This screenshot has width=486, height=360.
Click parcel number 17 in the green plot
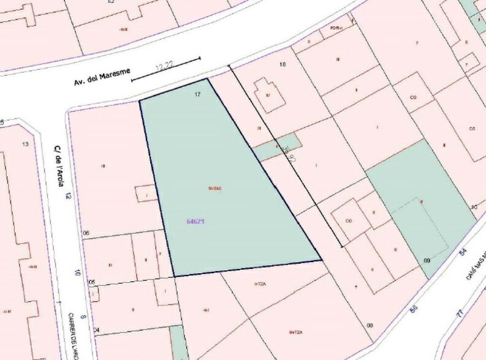coord(197,94)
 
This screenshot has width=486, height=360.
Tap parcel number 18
coord(283,64)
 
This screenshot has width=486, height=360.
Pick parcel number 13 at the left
coord(25,144)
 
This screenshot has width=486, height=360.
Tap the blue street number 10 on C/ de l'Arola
coord(78,273)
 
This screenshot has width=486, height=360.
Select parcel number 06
coord(86,233)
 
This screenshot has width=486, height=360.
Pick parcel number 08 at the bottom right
coord(370,325)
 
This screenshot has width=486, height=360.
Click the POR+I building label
coord(335,28)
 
